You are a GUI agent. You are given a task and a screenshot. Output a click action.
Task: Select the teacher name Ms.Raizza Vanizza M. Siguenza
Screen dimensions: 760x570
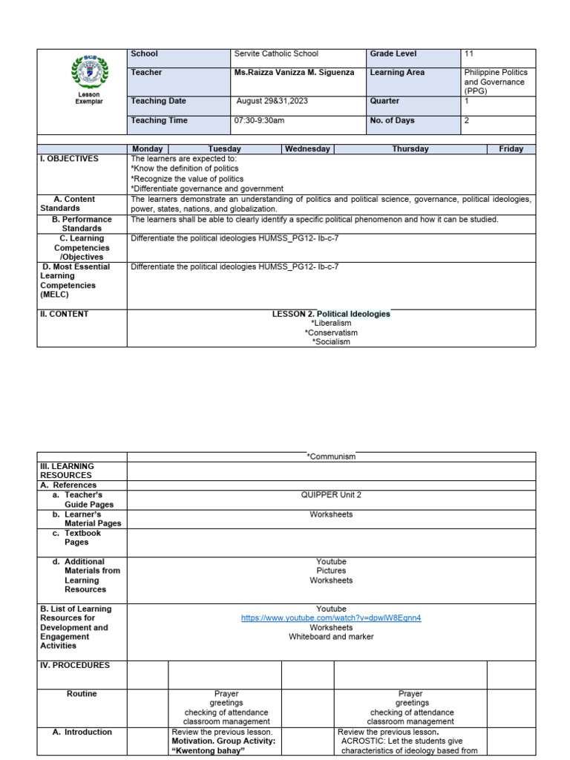[x=294, y=73]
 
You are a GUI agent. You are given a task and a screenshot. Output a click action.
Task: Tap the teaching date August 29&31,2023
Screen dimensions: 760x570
[x=272, y=101]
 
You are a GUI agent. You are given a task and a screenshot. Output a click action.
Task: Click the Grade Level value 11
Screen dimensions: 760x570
[x=469, y=54]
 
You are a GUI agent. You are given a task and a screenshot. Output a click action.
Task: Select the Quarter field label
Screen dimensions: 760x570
[x=384, y=101]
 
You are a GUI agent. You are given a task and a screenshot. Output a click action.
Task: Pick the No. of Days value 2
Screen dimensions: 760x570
[x=467, y=120]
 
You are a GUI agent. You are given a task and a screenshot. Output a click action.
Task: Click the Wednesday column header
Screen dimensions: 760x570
[x=308, y=149]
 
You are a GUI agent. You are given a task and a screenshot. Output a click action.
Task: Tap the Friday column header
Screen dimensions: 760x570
[x=511, y=149]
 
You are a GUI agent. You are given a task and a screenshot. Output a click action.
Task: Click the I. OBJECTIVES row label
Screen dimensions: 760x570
[x=70, y=159]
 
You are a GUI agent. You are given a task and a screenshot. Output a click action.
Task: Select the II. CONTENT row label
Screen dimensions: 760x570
[x=65, y=314]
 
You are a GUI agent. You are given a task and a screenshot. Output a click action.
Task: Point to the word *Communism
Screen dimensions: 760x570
[x=331, y=457]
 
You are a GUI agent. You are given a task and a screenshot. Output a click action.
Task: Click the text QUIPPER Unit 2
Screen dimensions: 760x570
[x=331, y=495]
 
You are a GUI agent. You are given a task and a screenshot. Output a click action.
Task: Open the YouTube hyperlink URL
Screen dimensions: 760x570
[x=331, y=618]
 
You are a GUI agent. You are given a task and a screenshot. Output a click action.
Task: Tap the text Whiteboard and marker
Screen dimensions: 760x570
[x=331, y=637]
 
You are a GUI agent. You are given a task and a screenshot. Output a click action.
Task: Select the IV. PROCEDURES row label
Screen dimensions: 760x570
[x=75, y=666]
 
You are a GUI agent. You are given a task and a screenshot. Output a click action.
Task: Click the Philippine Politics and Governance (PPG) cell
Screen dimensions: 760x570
[x=496, y=82]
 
